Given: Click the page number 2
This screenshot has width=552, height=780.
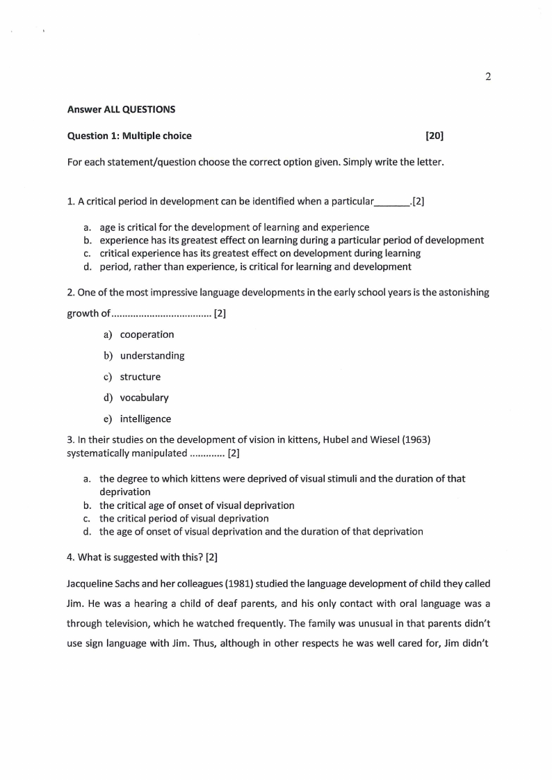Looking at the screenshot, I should click(488, 76).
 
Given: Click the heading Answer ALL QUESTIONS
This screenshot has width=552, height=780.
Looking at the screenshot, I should click(121, 109).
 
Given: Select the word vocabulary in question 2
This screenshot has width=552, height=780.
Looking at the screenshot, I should click(144, 398).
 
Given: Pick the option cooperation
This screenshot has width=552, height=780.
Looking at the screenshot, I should click(147, 334).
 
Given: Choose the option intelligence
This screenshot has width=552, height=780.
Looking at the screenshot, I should click(145, 419).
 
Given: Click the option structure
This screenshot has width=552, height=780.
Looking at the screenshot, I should click(140, 377).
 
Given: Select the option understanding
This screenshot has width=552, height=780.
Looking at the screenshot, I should click(152, 356).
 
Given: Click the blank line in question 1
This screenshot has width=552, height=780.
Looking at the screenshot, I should click(393, 203).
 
